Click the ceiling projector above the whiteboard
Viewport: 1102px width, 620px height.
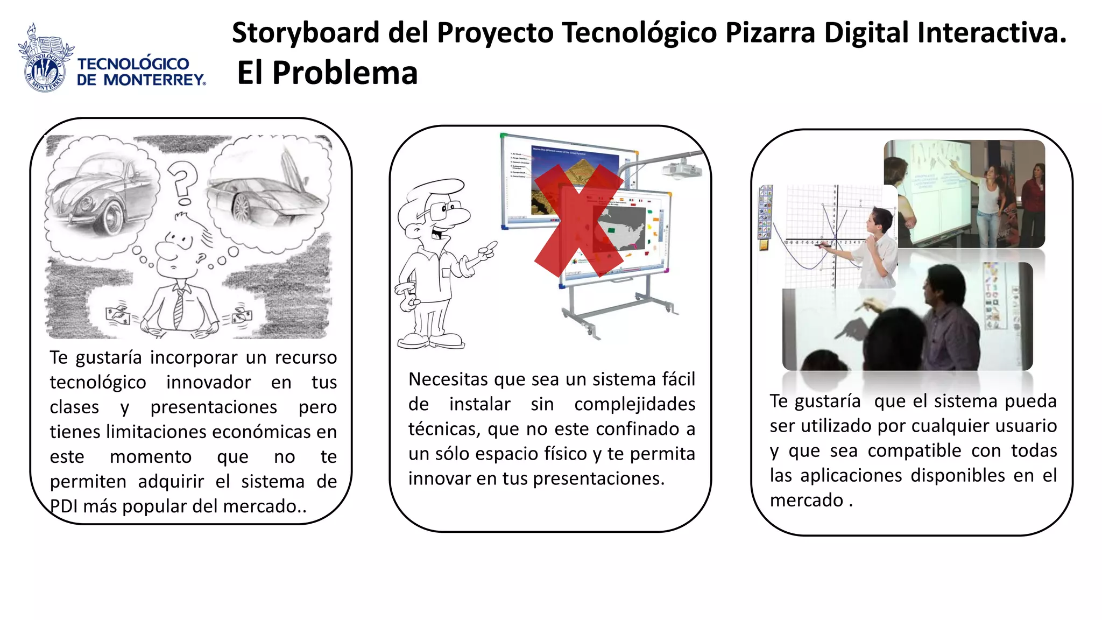click(681, 169)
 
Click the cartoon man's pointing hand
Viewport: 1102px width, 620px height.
click(486, 250)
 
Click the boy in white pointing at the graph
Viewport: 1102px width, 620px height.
click(879, 248)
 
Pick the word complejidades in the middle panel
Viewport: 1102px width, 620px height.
click(634, 404)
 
